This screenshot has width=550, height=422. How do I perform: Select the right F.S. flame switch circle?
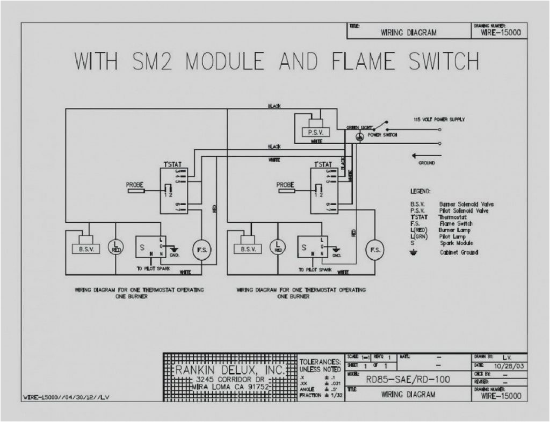click(x=375, y=250)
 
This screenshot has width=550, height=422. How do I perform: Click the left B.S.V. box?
click(x=86, y=249)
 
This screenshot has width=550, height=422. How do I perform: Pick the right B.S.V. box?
click(x=248, y=249)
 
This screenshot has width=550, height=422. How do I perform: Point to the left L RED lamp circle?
click(x=116, y=247)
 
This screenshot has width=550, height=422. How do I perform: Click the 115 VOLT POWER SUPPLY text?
click(x=439, y=119)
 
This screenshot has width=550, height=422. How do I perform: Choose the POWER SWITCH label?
click(x=382, y=135)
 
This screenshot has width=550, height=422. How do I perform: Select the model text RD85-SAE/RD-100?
click(x=408, y=379)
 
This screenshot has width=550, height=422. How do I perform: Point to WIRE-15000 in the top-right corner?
click(x=499, y=33)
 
